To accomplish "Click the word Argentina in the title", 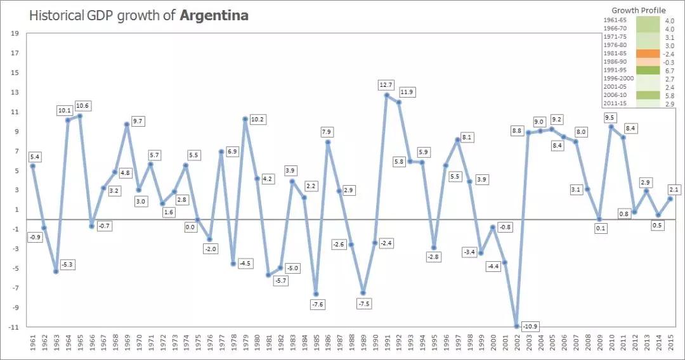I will [214, 15].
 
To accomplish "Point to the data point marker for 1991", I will [386, 95].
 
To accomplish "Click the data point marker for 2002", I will [517, 326].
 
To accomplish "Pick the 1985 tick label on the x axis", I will [315, 348].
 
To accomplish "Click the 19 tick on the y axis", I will [15, 34].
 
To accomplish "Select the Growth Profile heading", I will [638, 10].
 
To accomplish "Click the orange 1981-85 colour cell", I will [647, 54].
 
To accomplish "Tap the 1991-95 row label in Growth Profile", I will [615, 70].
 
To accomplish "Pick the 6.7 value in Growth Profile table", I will [669, 70].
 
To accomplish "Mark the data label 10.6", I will [82, 105].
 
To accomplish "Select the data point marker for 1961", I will [32, 166].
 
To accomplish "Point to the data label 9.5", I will [611, 117].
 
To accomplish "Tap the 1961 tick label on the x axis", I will [32, 348].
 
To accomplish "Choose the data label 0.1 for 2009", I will [599, 228].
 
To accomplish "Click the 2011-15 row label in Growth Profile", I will [615, 103].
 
